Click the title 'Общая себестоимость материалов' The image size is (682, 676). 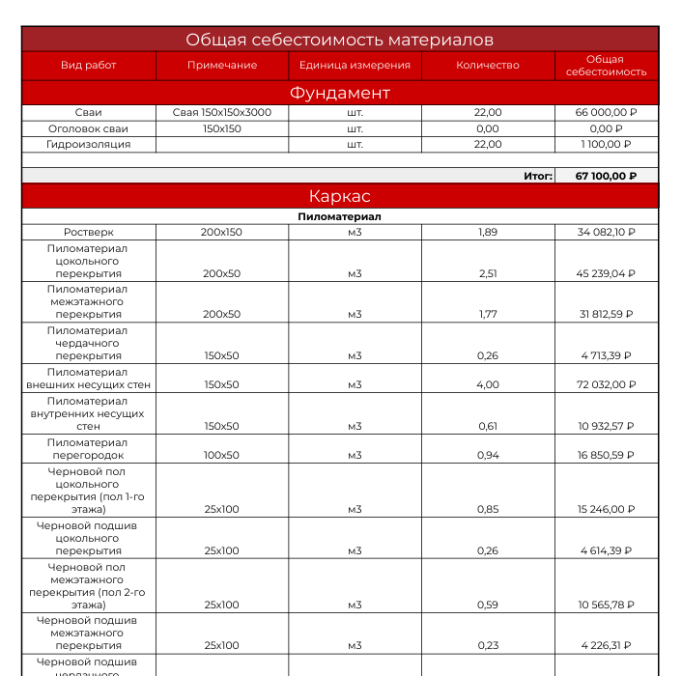pos(340,40)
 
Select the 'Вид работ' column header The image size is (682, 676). pos(88,66)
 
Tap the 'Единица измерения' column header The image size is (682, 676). pos(355,66)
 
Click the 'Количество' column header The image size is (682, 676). pos(488,66)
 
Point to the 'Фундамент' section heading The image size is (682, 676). pos(340,93)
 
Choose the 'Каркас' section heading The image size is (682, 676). pos(340,196)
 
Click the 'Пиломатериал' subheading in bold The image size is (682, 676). pos(340,217)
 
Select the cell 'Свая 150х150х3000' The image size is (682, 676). pos(222,113)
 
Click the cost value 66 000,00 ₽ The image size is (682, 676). pos(607,113)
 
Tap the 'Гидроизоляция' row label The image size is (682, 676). pos(88,144)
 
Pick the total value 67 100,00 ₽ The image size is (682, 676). pos(607,176)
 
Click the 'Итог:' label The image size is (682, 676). pos(538,176)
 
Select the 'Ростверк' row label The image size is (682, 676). pos(88,233)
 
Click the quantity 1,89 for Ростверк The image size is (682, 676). pos(488,233)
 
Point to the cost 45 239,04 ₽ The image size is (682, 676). pos(607,273)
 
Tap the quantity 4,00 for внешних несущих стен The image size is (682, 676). pos(488,384)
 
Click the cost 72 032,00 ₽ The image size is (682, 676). pos(607,384)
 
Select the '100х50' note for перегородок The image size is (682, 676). pos(222,455)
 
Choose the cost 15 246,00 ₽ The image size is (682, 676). pos(607,509)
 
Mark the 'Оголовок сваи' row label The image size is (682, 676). pos(88,128)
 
